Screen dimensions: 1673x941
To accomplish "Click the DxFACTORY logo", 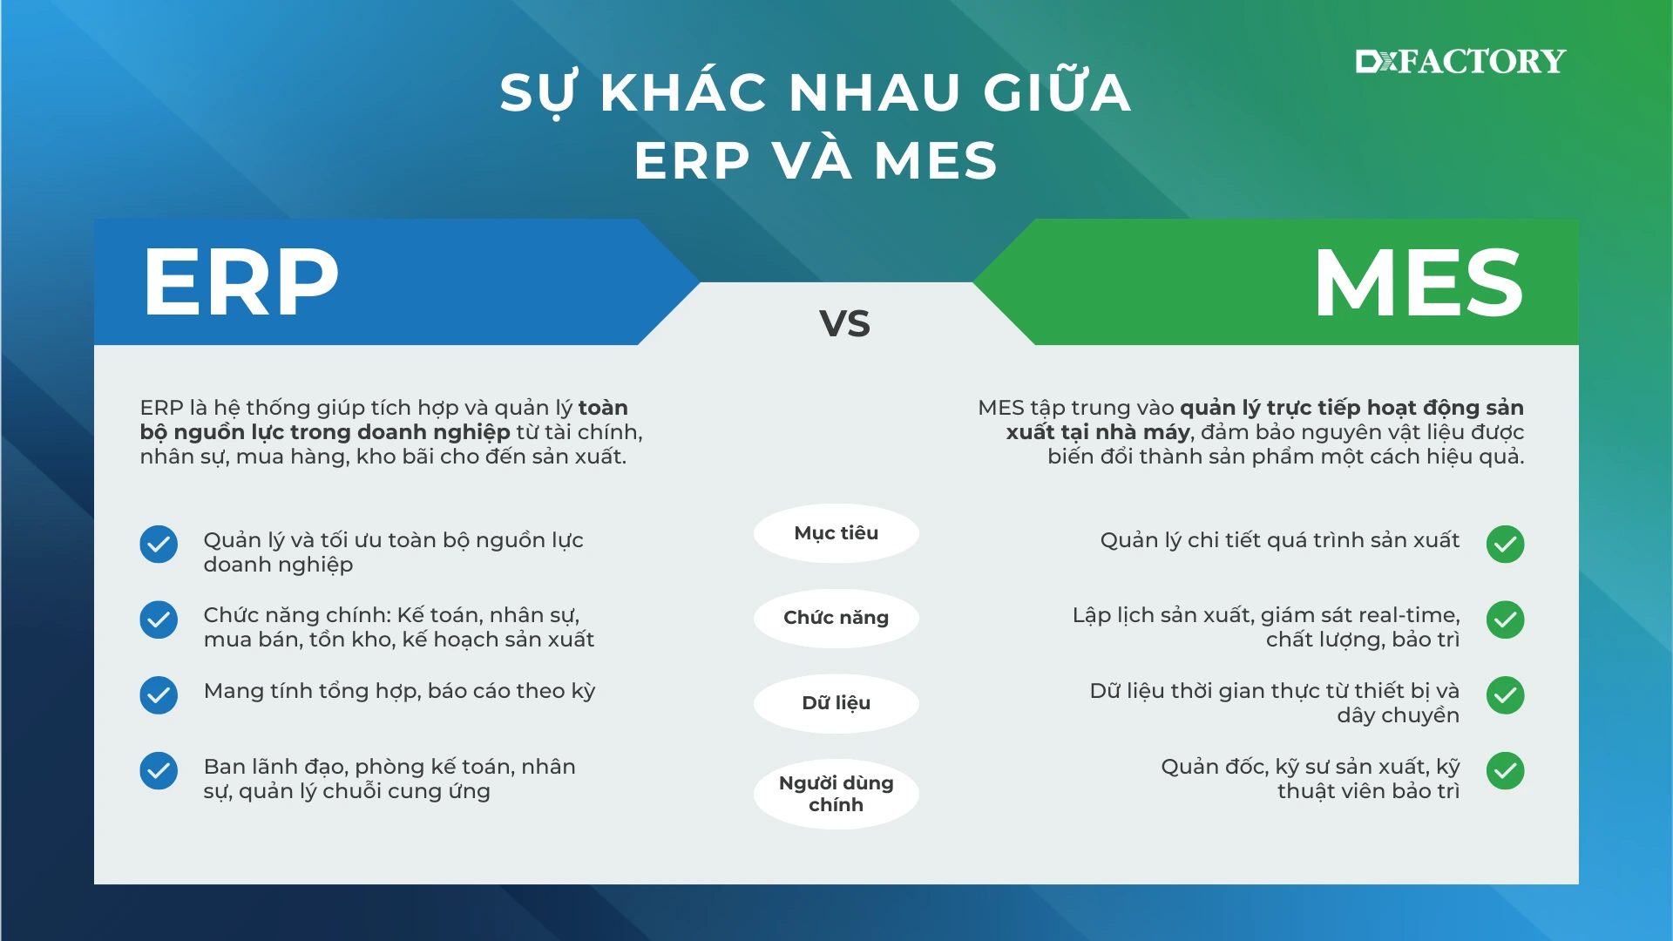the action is point(1460,61).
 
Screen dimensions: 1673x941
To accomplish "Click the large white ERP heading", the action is point(240,281).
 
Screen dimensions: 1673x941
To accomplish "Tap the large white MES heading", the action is point(1419,282).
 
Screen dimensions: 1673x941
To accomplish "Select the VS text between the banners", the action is point(844,323).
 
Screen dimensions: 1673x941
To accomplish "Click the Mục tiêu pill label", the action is point(836,533).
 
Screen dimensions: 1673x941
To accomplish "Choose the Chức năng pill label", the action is point(836,618).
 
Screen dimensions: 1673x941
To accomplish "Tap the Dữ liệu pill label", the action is point(836,703).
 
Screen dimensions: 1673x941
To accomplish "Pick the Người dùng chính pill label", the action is point(836,793).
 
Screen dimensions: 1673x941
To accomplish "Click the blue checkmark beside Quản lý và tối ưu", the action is point(159,545).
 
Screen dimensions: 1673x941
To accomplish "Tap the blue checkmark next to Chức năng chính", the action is point(159,619).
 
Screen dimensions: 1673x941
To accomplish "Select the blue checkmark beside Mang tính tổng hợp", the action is point(159,695).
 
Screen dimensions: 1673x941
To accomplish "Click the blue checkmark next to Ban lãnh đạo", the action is point(159,770).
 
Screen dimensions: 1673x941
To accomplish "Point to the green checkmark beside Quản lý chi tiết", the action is point(1506,545).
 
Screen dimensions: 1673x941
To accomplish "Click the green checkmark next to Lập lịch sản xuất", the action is point(1506,619).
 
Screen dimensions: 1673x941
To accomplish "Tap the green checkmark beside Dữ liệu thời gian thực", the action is point(1506,695).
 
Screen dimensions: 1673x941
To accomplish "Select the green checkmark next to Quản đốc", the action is point(1506,770).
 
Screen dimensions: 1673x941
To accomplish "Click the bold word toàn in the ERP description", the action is point(603,408).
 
